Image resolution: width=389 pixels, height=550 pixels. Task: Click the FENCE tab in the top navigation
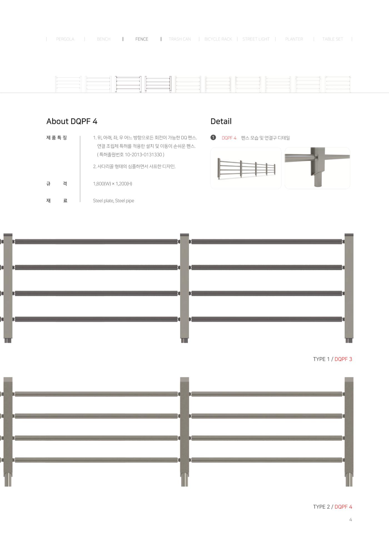click(x=142, y=39)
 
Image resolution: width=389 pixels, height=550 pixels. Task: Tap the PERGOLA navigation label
click(x=65, y=39)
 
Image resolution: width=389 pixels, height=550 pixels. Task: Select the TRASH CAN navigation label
click(x=180, y=39)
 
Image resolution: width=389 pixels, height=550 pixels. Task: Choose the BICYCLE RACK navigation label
click(x=218, y=39)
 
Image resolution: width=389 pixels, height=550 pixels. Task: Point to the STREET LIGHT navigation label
click(x=256, y=39)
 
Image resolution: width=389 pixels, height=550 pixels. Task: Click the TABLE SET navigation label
click(x=333, y=39)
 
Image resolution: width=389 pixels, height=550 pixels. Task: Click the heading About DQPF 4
click(x=72, y=121)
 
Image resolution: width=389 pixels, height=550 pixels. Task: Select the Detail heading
click(x=221, y=121)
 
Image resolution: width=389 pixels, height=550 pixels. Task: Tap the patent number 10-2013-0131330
click(x=143, y=154)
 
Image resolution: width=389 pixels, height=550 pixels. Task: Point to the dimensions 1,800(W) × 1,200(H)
click(x=113, y=184)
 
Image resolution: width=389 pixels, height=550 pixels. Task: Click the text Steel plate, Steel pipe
click(x=113, y=201)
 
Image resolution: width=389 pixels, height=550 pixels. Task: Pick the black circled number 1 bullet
click(x=213, y=137)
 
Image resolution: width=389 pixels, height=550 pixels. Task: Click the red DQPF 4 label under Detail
click(x=229, y=138)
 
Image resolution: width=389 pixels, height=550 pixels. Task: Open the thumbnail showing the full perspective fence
click(x=246, y=168)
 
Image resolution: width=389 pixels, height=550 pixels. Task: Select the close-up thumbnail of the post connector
click(x=317, y=168)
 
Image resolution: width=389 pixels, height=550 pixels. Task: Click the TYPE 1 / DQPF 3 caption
click(x=333, y=359)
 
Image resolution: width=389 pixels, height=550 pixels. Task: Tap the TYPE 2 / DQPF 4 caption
click(x=333, y=507)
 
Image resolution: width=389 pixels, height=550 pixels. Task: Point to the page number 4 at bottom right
click(x=351, y=519)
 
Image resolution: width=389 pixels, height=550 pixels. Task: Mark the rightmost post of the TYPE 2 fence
click(x=349, y=432)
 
